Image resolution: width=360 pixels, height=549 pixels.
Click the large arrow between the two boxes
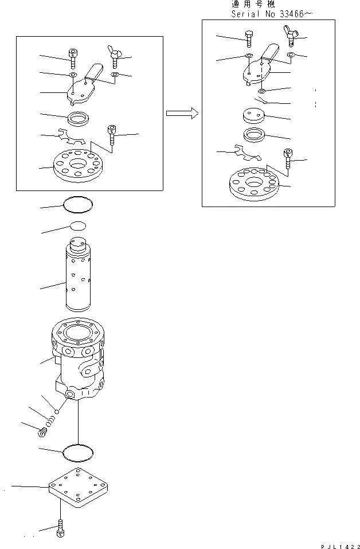click(182, 113)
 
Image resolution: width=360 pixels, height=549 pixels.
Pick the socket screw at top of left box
click(73, 57)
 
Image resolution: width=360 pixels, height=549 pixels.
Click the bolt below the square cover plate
click(60, 531)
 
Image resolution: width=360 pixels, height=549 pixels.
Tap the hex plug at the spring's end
click(41, 433)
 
